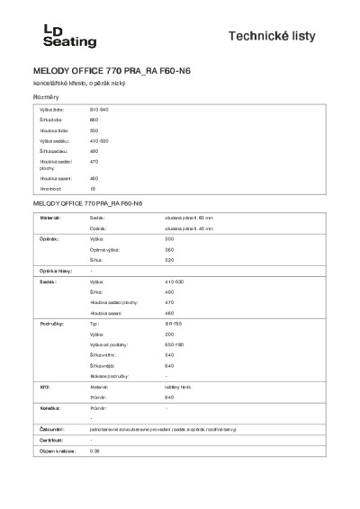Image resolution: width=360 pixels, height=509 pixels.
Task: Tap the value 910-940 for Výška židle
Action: [99, 109]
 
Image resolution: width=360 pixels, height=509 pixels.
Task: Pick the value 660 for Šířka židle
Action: [94, 120]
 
